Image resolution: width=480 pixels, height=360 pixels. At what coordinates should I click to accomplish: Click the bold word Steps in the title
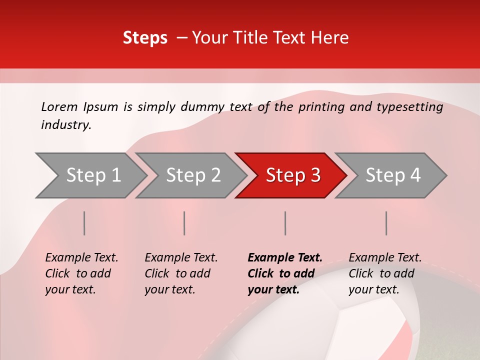click(x=145, y=38)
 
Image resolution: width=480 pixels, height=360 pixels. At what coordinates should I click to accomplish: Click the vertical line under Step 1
click(x=84, y=223)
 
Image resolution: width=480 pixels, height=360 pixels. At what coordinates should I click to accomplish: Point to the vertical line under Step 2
click(x=184, y=223)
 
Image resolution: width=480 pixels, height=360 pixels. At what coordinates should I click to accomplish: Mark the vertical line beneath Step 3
click(x=285, y=223)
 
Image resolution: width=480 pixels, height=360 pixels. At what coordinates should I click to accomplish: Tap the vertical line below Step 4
click(x=386, y=223)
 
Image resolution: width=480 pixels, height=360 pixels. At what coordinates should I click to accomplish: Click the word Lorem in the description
click(x=59, y=107)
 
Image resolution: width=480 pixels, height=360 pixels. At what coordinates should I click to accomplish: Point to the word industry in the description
click(x=65, y=125)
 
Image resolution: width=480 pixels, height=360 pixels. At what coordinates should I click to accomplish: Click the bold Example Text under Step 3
click(x=285, y=258)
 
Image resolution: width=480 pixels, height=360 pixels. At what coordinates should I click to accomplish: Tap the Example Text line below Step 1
click(x=81, y=258)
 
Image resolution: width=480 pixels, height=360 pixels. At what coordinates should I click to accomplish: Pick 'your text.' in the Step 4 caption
click(x=373, y=289)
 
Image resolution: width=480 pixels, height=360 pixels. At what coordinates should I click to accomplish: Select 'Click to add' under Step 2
click(x=177, y=274)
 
